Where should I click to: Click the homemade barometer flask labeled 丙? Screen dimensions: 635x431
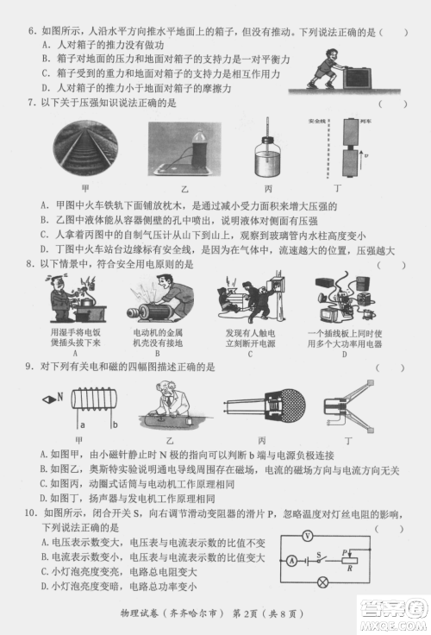coord(269,160)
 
